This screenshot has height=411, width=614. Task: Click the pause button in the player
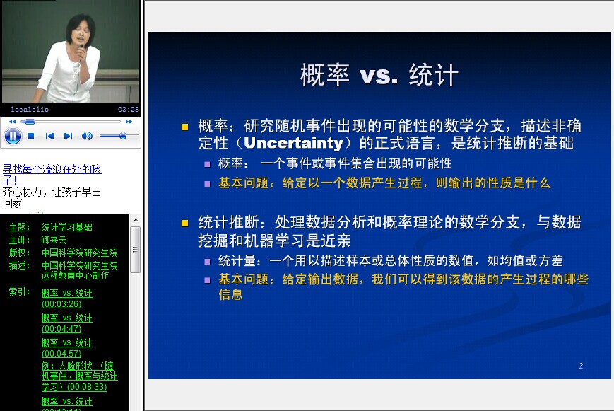point(13,137)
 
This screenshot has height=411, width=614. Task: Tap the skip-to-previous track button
point(49,136)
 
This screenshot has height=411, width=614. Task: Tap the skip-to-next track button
point(68,136)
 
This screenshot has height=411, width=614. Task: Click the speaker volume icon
point(87,136)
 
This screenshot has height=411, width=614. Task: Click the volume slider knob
point(123,136)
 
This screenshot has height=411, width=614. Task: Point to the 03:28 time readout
point(129,110)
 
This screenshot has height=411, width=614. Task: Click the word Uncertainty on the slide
point(293,143)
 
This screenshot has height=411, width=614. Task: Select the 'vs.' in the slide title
point(379,75)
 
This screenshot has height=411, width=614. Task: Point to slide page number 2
point(581,366)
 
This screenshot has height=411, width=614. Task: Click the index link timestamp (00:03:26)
point(61,304)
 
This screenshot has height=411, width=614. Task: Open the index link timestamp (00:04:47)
point(61,329)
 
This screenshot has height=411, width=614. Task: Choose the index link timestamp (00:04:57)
point(61,354)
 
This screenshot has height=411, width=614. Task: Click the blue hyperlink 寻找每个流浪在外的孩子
point(52,175)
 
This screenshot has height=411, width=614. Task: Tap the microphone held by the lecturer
point(81,49)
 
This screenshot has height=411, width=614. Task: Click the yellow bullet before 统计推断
point(185,224)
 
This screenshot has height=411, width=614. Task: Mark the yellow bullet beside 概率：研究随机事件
point(185,127)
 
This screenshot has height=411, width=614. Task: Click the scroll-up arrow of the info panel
point(136,220)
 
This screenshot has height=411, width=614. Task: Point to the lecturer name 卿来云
point(54,240)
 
